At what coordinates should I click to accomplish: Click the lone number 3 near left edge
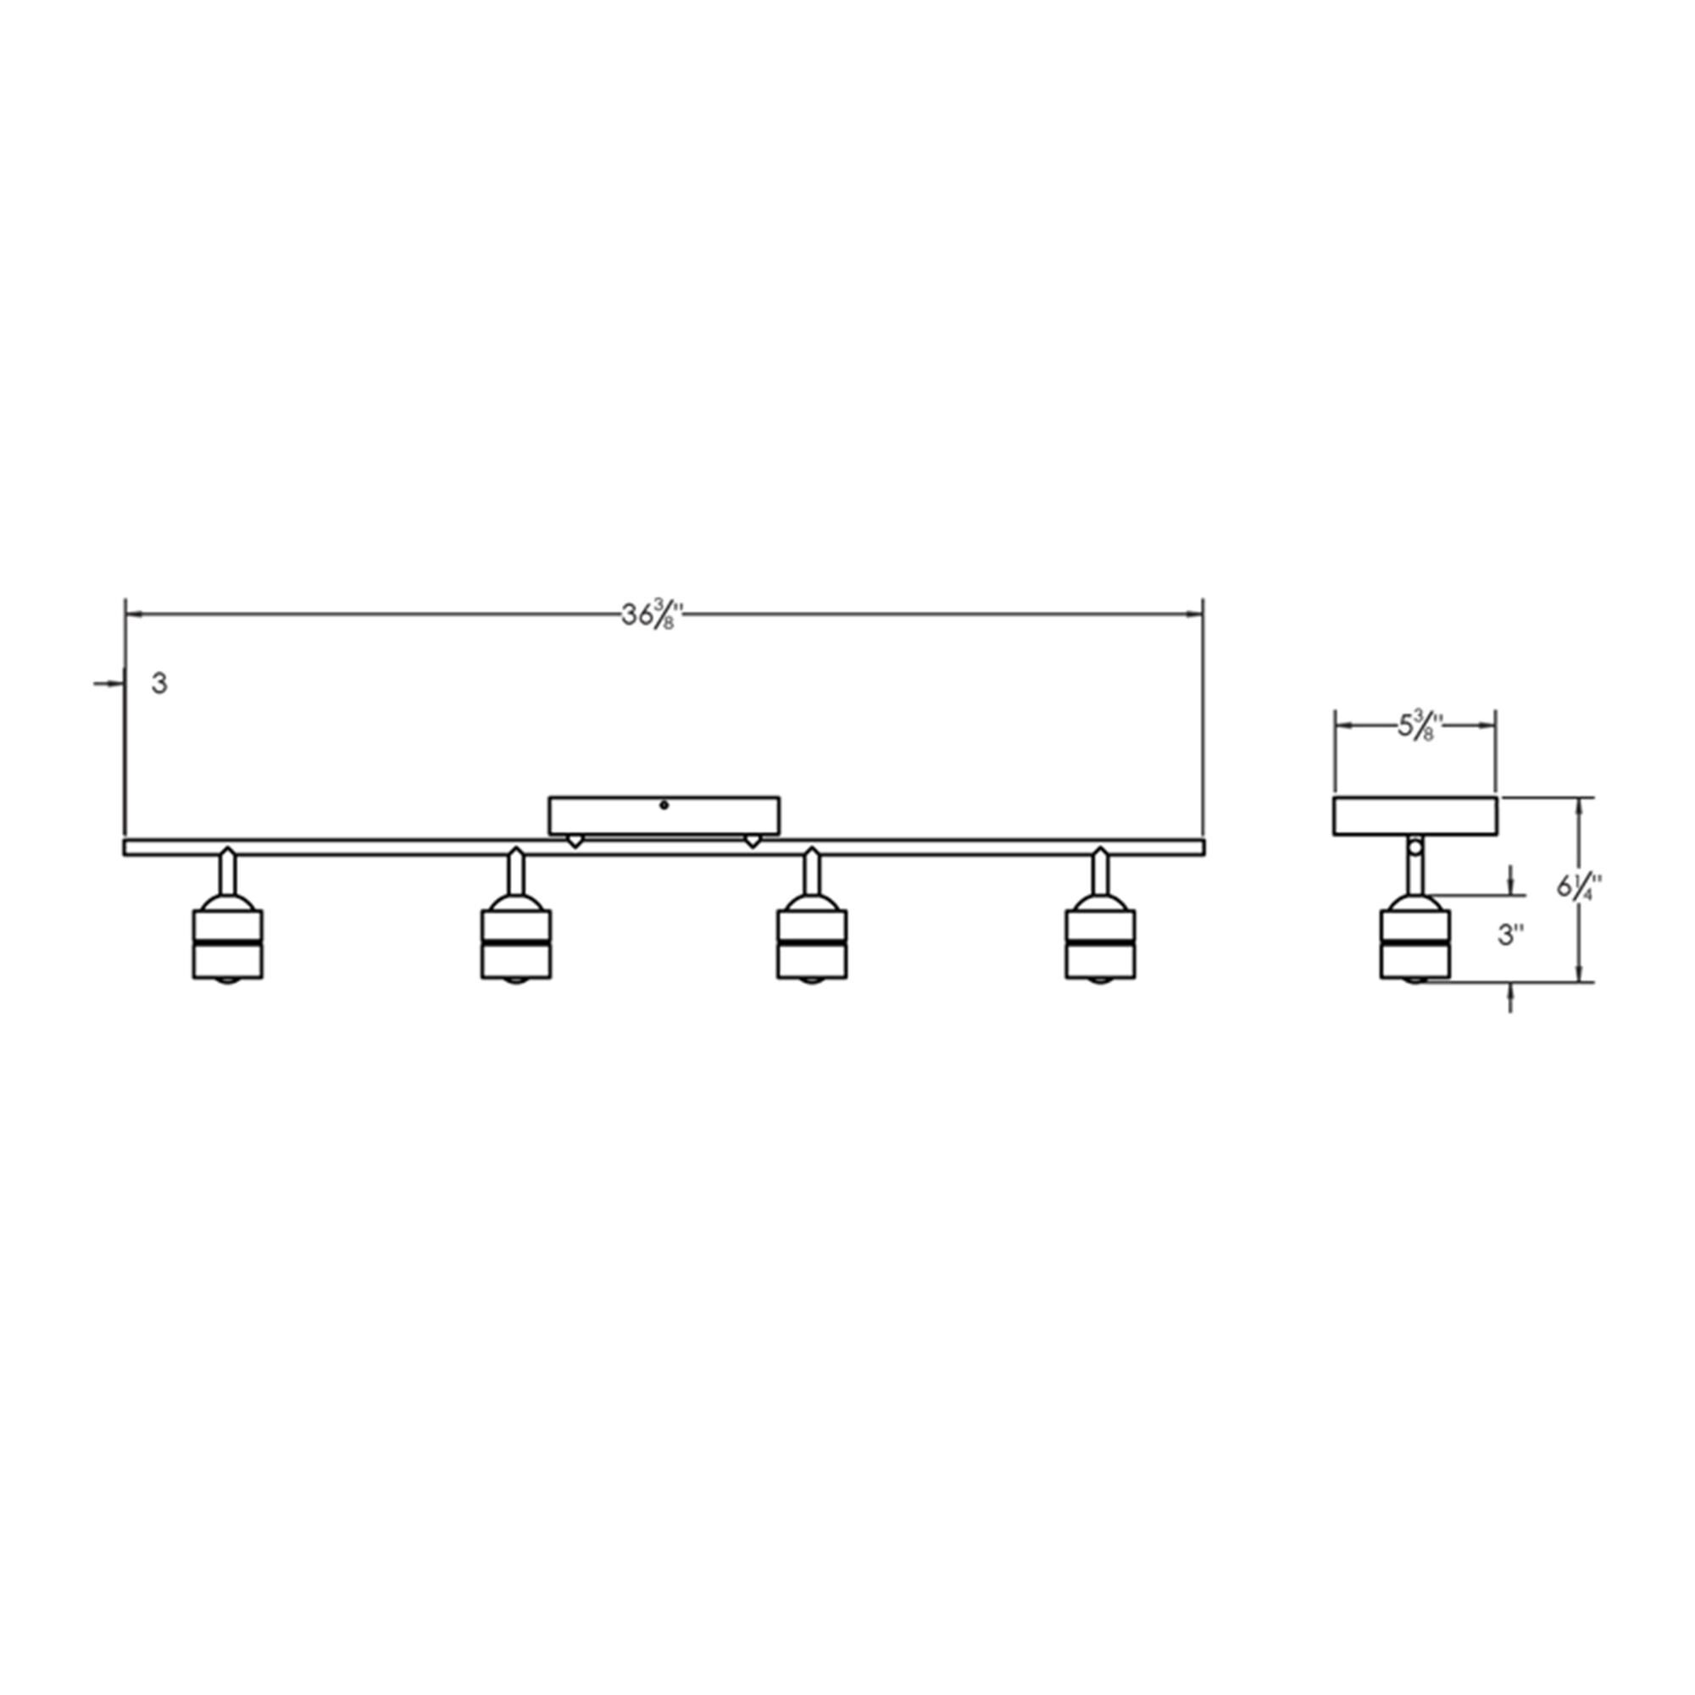click(x=158, y=683)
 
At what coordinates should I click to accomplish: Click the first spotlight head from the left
click(x=227, y=943)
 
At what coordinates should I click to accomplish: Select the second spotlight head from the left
click(x=516, y=943)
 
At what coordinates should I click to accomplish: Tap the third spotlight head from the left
click(x=812, y=943)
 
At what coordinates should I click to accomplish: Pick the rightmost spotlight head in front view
click(x=1099, y=943)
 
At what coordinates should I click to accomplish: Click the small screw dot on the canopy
click(x=664, y=804)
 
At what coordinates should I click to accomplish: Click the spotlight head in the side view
click(x=1414, y=943)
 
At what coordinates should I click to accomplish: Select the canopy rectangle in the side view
click(x=1415, y=816)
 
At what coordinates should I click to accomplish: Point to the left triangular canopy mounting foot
click(x=574, y=841)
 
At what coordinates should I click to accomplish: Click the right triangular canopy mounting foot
click(x=751, y=841)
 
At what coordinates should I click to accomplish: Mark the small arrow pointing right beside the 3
click(x=108, y=683)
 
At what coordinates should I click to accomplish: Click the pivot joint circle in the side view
click(x=1414, y=847)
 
